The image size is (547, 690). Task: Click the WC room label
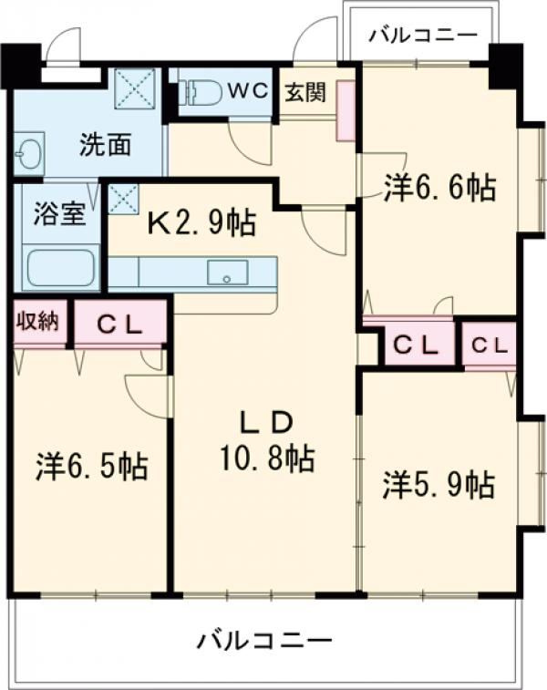pyautogui.click(x=244, y=91)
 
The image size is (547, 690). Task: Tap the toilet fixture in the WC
pyautogui.click(x=202, y=92)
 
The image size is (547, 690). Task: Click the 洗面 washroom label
pyautogui.click(x=105, y=143)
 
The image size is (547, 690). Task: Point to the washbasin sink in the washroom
pyautogui.click(x=28, y=153)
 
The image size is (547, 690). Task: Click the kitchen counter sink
pyautogui.click(x=227, y=272)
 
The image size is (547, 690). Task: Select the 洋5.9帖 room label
pyautogui.click(x=439, y=483)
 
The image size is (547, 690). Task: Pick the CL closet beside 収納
pyautogui.click(x=119, y=324)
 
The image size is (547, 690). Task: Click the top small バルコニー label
pyautogui.click(x=423, y=36)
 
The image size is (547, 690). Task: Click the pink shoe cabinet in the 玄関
pyautogui.click(x=346, y=110)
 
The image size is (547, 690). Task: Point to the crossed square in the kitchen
pyautogui.click(x=123, y=198)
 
